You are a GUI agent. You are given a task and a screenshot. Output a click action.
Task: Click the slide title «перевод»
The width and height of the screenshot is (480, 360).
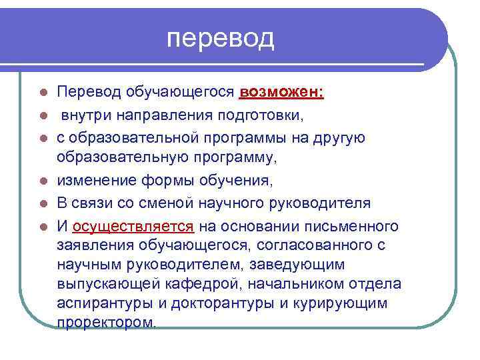pyautogui.click(x=221, y=39)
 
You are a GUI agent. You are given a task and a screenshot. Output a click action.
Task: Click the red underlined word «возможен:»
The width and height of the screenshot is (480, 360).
pyautogui.click(x=281, y=91)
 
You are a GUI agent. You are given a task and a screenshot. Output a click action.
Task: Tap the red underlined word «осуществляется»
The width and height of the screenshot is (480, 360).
pyautogui.click(x=133, y=225)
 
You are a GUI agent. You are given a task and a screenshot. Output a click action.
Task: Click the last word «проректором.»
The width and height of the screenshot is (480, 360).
pyautogui.click(x=107, y=323)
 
